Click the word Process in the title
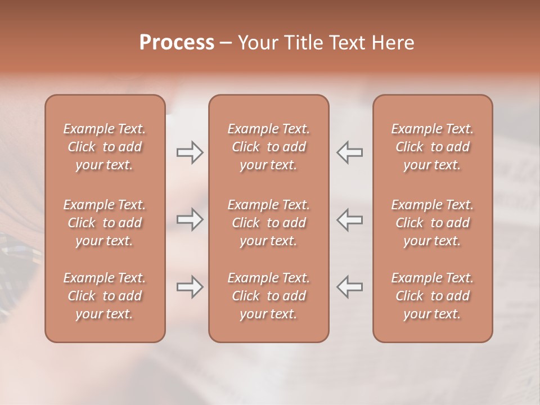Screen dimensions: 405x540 point(177,43)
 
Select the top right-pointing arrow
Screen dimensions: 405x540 point(190,152)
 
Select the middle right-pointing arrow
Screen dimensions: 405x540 point(190,219)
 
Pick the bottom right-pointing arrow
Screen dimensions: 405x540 point(190,287)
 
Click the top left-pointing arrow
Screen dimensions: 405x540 point(349,152)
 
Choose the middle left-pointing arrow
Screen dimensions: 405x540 point(349,219)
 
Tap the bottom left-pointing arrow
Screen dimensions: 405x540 point(349,287)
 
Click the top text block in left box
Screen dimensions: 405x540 point(105,147)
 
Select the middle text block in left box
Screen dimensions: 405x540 point(105,223)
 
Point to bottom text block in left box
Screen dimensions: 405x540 point(105,296)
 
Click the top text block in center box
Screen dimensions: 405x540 point(268,147)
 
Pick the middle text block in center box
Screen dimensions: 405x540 point(268,223)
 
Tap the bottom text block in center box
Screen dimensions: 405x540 point(268,296)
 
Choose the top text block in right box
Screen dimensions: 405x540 point(432,147)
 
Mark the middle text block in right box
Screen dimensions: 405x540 point(432,223)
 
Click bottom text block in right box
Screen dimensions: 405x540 point(432,296)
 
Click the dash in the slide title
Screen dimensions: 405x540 point(226,43)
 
